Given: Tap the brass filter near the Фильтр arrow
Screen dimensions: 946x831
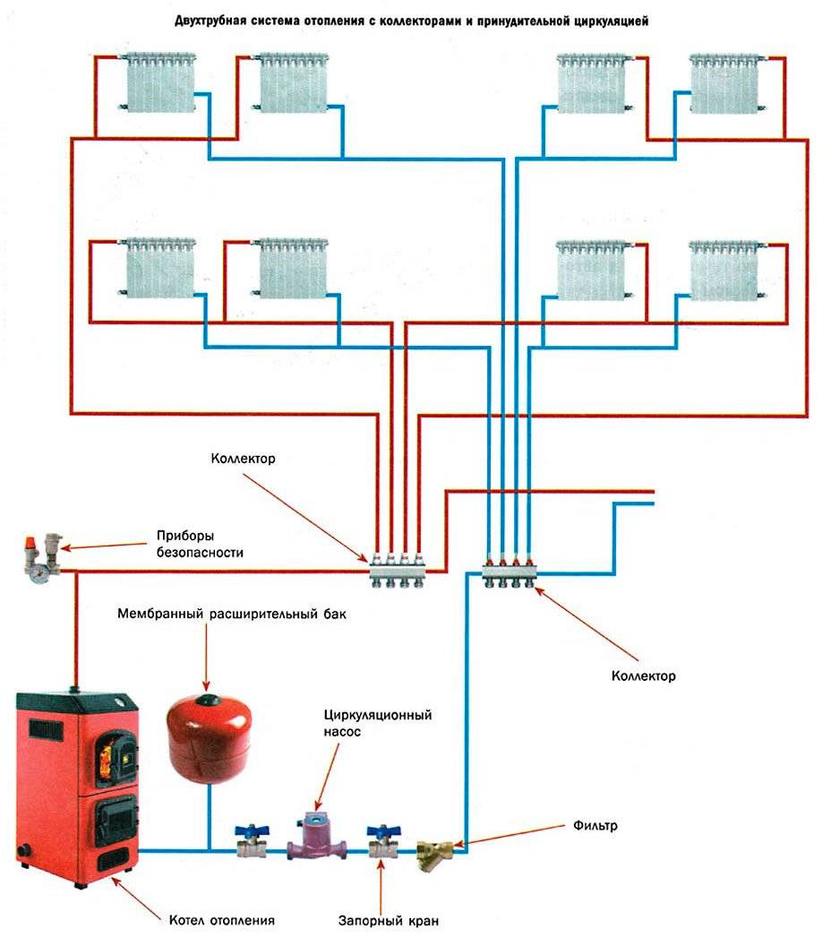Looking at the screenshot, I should (x=437, y=849).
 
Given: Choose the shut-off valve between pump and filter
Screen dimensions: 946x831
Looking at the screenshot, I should (x=380, y=841).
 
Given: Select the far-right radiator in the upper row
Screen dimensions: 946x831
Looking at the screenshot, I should (x=724, y=82).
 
